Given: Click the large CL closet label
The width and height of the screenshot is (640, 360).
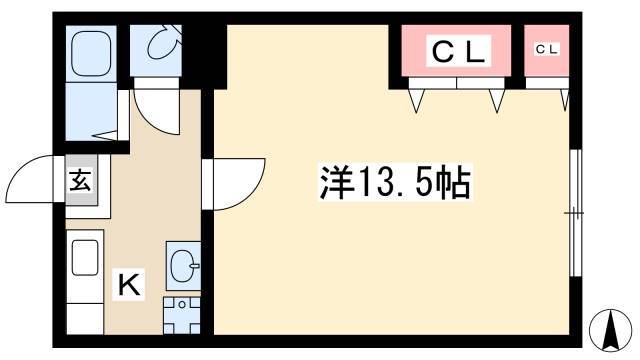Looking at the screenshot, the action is point(458,51).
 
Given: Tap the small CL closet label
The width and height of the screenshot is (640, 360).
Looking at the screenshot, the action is point(547,49).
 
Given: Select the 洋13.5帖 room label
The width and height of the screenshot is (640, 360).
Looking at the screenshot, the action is point(395,182).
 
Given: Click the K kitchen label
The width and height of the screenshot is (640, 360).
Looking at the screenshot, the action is point(129,284).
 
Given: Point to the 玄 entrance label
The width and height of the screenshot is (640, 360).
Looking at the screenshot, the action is point(80,180).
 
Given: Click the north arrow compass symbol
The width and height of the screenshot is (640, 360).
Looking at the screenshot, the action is point(610,330).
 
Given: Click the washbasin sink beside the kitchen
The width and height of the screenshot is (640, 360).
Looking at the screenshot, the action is point(184,265).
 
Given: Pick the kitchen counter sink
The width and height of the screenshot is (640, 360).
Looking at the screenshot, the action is point(85,257).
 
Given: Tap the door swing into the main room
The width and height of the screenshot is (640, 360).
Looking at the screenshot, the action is point(249,192).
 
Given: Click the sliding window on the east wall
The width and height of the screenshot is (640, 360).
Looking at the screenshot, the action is point(575,213).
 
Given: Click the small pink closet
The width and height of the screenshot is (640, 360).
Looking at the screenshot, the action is point(547,50).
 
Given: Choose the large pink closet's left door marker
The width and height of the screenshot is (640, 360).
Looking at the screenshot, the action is point(416,100).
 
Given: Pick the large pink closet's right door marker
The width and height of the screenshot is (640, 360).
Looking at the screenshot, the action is point(497,100).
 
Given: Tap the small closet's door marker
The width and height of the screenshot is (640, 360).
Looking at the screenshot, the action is point(565,100).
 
